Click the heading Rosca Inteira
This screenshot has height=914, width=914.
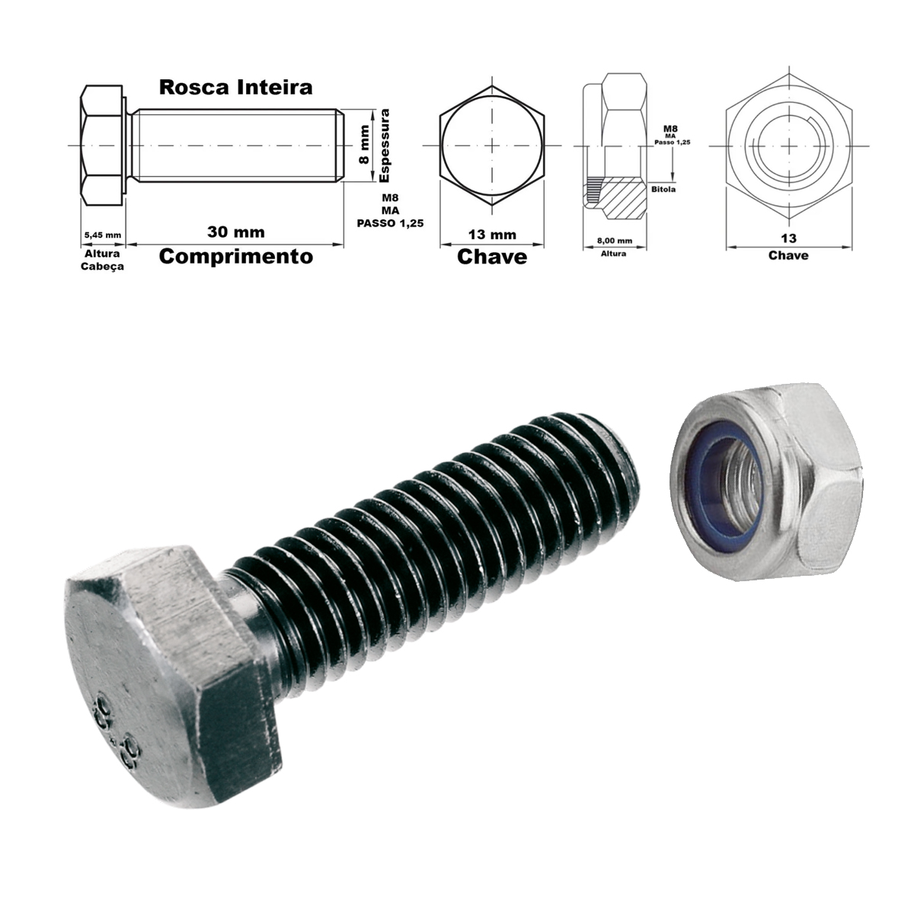click(x=235, y=88)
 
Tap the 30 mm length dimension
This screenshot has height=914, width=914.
click(x=235, y=232)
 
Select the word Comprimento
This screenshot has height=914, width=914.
click(x=235, y=257)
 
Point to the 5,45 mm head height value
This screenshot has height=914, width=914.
click(x=103, y=235)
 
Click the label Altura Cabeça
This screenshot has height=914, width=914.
click(x=103, y=260)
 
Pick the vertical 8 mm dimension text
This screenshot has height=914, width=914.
click(x=364, y=145)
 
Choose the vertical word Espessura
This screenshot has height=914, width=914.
click(x=384, y=145)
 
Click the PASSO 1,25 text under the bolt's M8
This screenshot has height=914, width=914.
click(x=391, y=223)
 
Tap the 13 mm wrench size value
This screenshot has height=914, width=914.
click(x=492, y=235)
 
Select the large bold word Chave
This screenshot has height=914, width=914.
click(x=492, y=257)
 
